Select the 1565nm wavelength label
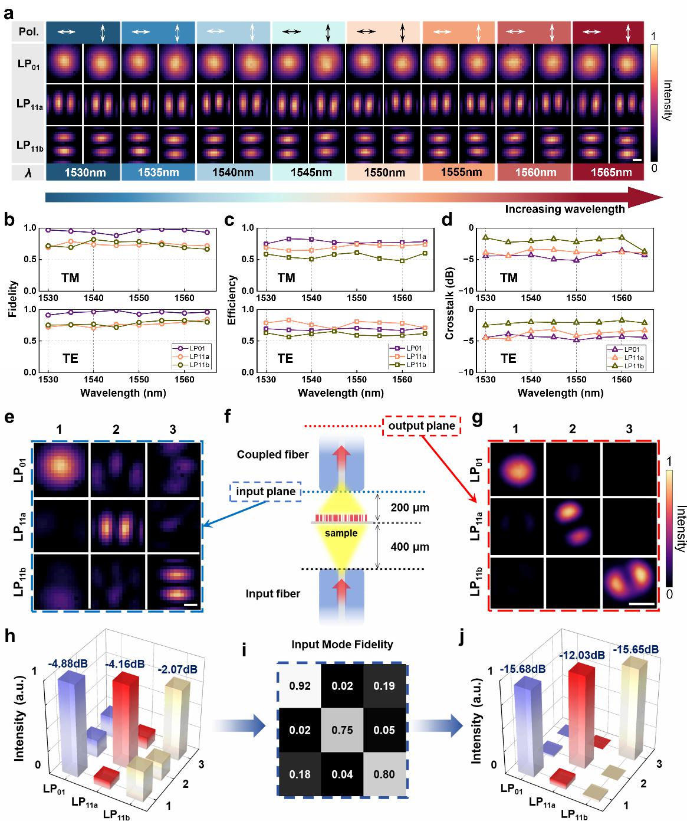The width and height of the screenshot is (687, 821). (608, 173)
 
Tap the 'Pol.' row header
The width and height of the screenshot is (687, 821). (27, 32)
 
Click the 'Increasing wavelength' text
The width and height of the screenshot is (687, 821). (564, 208)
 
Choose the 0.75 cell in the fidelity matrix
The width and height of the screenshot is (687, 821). (343, 730)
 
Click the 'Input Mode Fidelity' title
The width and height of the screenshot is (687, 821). (343, 644)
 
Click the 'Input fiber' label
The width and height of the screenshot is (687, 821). (273, 594)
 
